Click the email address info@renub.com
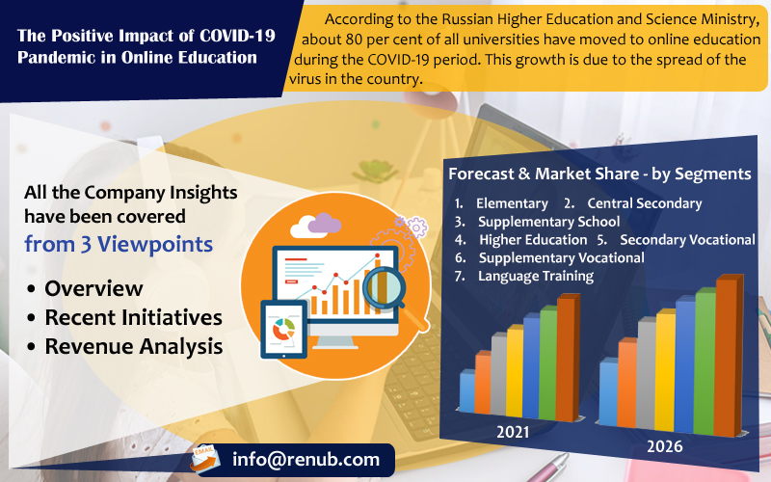(306, 460)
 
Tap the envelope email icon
(205, 458)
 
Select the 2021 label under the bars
(513, 432)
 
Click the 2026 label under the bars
(665, 446)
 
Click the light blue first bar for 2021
(467, 391)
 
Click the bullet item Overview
(93, 288)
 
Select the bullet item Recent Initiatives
(134, 317)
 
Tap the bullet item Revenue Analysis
(134, 346)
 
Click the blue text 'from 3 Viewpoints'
(119, 244)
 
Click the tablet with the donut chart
(283, 329)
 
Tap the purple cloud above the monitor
(325, 223)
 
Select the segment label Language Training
(536, 276)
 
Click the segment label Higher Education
(533, 239)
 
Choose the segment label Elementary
(512, 203)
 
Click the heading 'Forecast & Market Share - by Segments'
(599, 174)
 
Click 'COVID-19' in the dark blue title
(237, 36)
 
